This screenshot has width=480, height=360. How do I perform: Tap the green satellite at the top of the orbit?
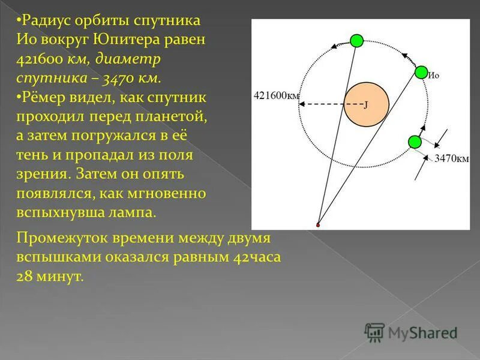click(357, 41)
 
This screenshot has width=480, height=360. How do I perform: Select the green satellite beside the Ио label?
click(421, 72)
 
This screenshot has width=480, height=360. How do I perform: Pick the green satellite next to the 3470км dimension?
click(414, 142)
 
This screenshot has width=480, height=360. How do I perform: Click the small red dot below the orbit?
click(318, 225)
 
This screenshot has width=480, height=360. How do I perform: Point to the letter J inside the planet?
click(365, 104)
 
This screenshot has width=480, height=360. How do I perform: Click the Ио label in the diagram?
click(434, 76)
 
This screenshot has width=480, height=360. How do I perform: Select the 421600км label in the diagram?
click(276, 95)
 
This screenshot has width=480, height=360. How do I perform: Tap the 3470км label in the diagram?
click(451, 158)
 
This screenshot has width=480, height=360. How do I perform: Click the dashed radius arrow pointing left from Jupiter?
click(324, 104)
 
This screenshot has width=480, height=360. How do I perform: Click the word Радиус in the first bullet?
click(45, 21)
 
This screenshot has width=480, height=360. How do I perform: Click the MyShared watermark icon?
click(374, 332)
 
